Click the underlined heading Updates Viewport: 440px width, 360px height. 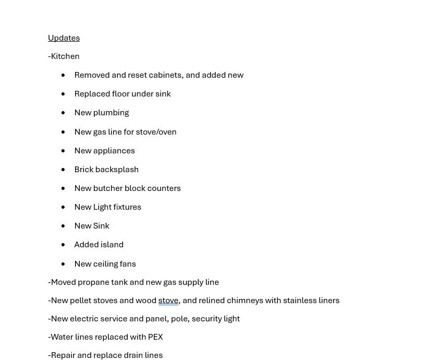(x=64, y=38)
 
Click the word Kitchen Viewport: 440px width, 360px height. (x=65, y=56)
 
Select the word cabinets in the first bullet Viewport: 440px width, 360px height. (x=165, y=75)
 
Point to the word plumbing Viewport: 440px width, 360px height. (x=111, y=113)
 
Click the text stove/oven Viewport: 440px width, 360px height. (x=156, y=132)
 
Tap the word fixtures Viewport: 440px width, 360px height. (x=125, y=207)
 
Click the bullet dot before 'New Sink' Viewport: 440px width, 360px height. (x=63, y=226)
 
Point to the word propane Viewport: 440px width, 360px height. (x=93, y=282)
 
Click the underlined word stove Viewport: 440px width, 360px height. (x=168, y=301)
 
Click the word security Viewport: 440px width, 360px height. (x=206, y=319)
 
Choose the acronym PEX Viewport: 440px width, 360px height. (x=155, y=337)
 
